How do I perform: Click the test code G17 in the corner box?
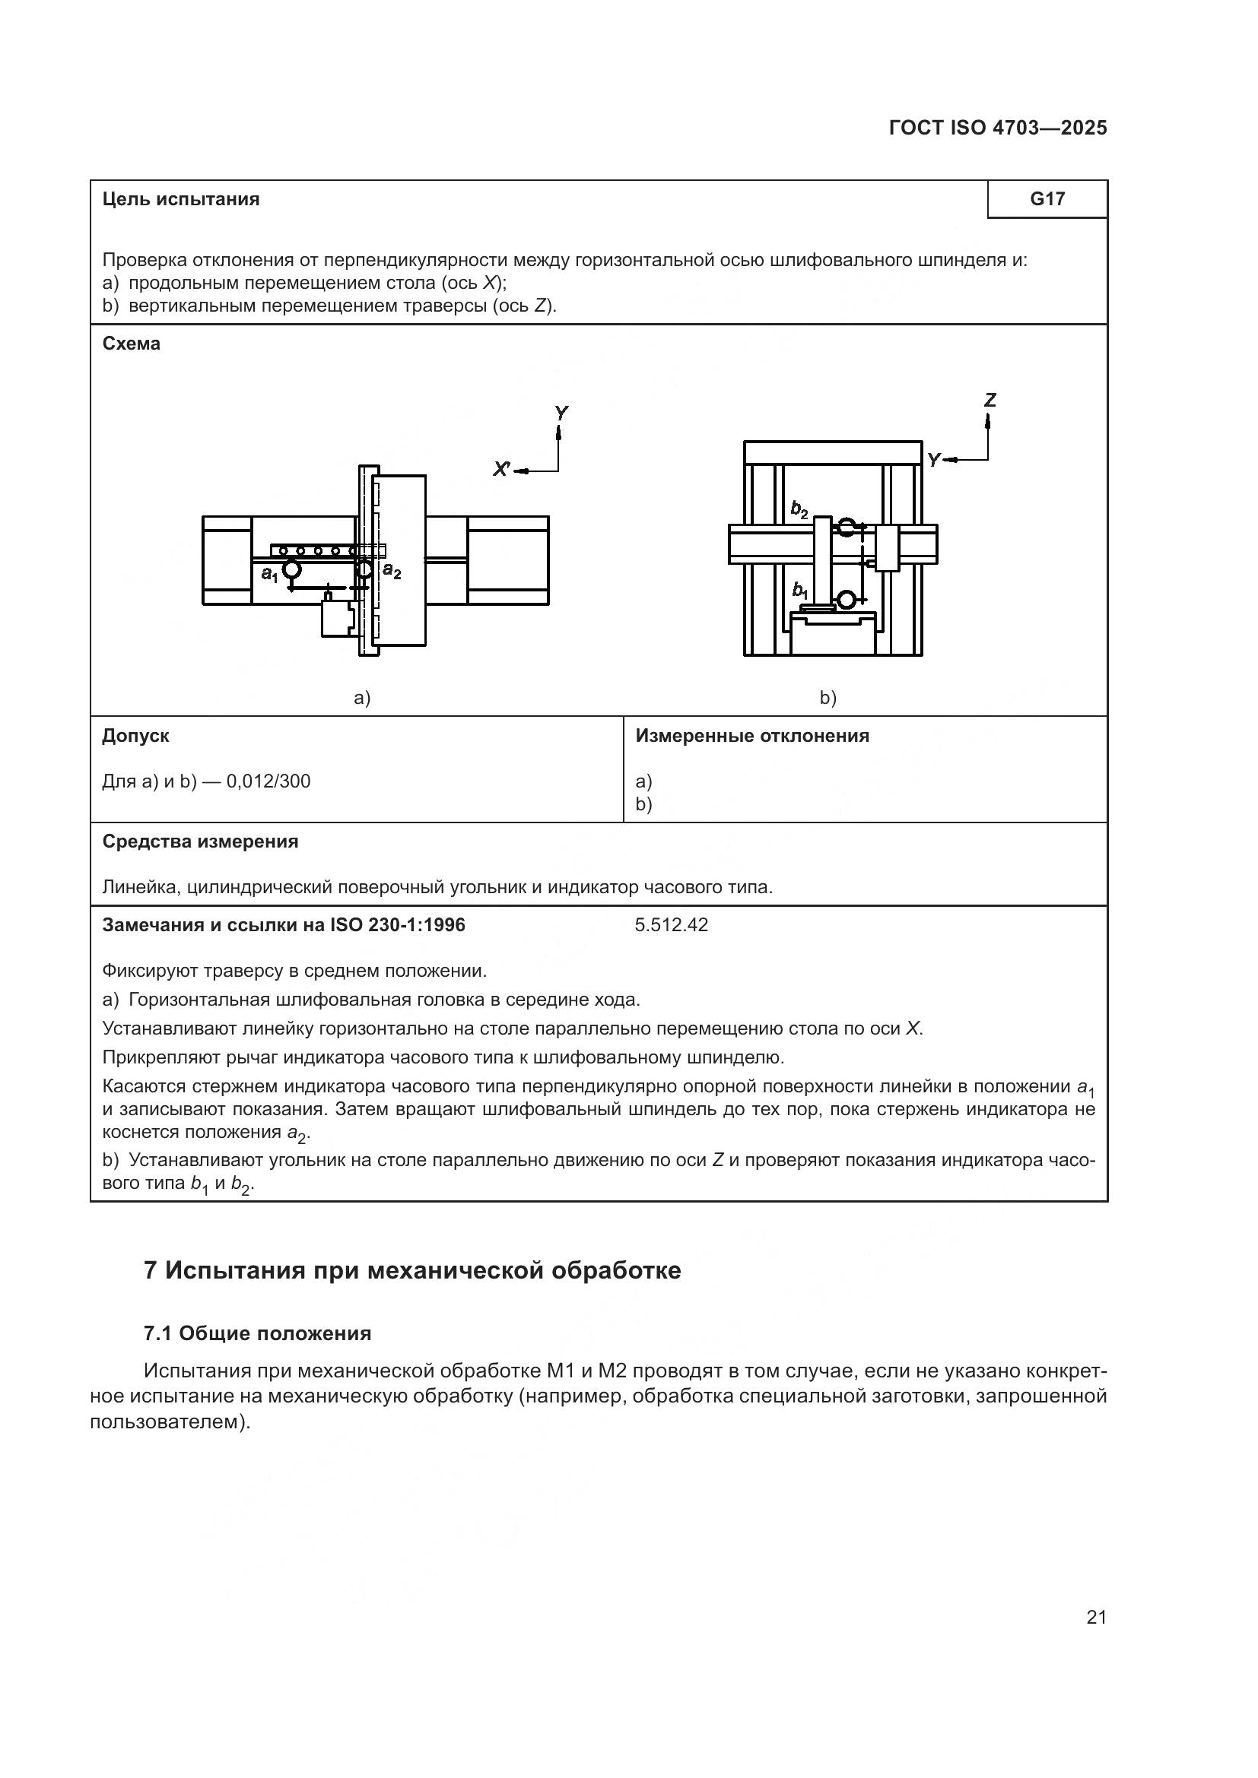(x=1047, y=199)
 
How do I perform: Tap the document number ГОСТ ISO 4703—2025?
(x=998, y=128)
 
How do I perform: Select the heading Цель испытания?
(x=180, y=199)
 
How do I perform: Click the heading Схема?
(x=131, y=344)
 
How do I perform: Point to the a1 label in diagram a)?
(x=268, y=574)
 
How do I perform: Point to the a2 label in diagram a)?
(x=392, y=572)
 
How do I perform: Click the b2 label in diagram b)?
(x=799, y=509)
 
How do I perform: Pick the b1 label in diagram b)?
(x=800, y=590)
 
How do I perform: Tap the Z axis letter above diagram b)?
(x=990, y=401)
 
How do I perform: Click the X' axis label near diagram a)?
(x=502, y=468)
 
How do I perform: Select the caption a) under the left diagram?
(x=362, y=698)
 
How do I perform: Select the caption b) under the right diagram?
(x=828, y=698)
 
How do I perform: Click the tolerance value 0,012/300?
(x=268, y=781)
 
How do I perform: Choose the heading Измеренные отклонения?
(x=751, y=736)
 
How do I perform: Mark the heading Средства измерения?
(x=200, y=841)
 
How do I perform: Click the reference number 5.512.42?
(x=671, y=924)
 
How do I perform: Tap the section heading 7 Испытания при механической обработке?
(x=412, y=1271)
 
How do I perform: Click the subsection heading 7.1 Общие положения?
(x=257, y=1333)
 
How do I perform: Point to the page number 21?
(x=1096, y=1617)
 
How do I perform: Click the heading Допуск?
(x=135, y=736)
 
